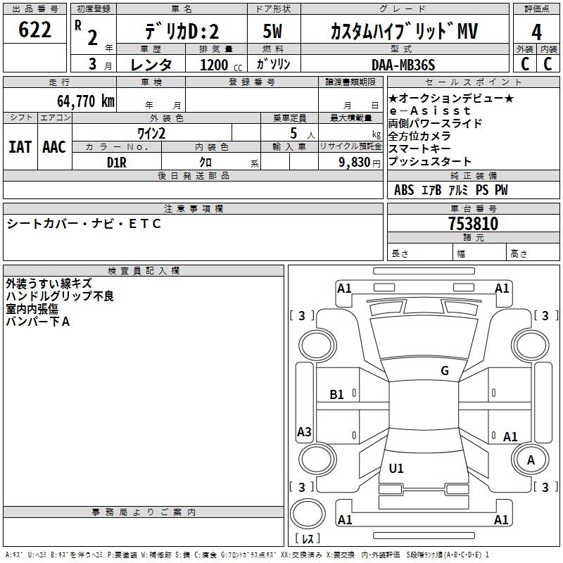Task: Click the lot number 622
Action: [x=35, y=30]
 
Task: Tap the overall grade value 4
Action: [x=536, y=32]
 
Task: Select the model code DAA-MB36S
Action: [x=404, y=65]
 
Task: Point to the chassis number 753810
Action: [x=473, y=224]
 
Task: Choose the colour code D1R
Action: [x=117, y=162]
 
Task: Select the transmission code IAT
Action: [x=20, y=146]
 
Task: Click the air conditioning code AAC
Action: [x=53, y=146]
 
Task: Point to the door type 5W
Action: [x=273, y=32]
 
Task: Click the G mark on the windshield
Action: [x=444, y=371]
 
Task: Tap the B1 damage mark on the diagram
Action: [x=337, y=394]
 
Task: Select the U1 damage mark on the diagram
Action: [x=396, y=468]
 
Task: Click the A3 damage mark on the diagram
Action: [x=304, y=432]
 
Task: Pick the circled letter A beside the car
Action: [x=531, y=460]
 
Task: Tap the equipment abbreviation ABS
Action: [x=404, y=190]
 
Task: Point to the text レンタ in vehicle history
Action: [x=152, y=65]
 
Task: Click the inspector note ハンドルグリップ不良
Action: [x=60, y=296]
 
